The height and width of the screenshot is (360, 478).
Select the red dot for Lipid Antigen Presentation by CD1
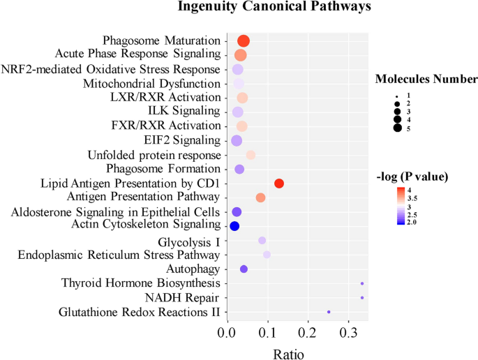pyautogui.click(x=279, y=183)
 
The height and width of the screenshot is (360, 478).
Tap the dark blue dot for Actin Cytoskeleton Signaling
pyautogui.click(x=234, y=226)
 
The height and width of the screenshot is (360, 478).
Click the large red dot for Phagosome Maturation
pyautogui.click(x=244, y=41)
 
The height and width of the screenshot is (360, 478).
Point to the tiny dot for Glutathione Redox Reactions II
pyautogui.click(x=329, y=312)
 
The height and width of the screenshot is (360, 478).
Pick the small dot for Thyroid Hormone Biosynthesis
pyautogui.click(x=362, y=283)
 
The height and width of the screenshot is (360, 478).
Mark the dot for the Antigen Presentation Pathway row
pyautogui.click(x=260, y=197)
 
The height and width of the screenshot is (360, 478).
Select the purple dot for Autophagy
pyautogui.click(x=244, y=269)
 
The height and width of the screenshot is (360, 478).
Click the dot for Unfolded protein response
pyautogui.click(x=251, y=155)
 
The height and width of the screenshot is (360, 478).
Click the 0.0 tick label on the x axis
pyautogui.click(x=227, y=333)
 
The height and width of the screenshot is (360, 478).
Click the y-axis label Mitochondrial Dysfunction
pyautogui.click(x=162, y=83)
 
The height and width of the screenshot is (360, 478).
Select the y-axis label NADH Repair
pyautogui.click(x=188, y=297)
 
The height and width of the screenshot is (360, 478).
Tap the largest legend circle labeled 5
pyautogui.click(x=397, y=127)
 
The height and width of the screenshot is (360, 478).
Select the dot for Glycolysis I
pyautogui.click(x=262, y=240)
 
